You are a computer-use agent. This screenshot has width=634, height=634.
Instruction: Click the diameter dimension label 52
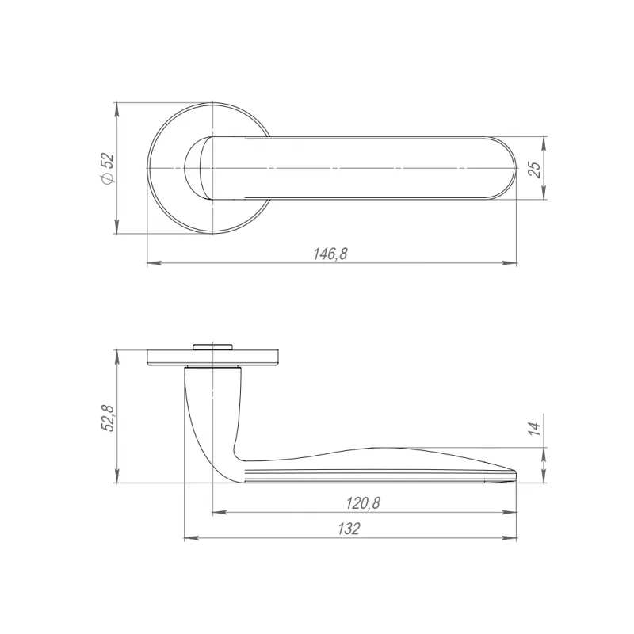(x=109, y=161)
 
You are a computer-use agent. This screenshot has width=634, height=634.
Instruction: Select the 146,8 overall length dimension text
(x=330, y=254)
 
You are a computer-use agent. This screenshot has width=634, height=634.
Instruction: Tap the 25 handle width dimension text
(x=534, y=170)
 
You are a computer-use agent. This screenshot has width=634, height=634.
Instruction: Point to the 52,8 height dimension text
(x=109, y=418)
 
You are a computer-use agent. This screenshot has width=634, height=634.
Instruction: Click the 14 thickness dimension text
(x=534, y=428)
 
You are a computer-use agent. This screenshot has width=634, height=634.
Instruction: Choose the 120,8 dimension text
(x=363, y=503)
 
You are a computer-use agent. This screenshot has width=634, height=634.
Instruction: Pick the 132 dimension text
(x=349, y=529)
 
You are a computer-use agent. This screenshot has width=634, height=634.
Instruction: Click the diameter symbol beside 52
(x=109, y=178)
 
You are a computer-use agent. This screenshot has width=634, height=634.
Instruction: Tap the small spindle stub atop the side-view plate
(x=213, y=346)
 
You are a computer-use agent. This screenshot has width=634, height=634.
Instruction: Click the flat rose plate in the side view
(x=213, y=357)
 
